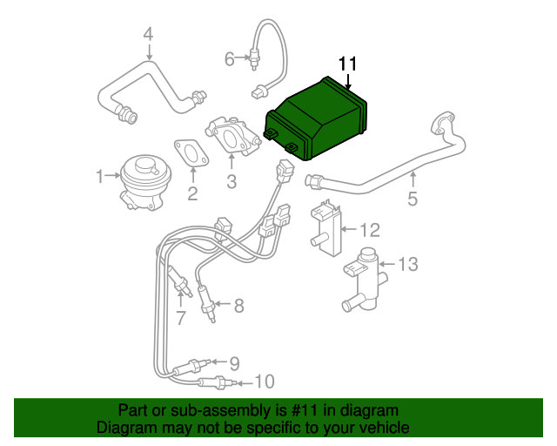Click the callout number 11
(x=348, y=64)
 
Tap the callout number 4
(x=148, y=34)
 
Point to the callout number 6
(x=230, y=59)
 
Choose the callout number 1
(x=99, y=177)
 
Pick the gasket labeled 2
(x=191, y=153)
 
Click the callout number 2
(x=192, y=193)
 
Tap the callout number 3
(x=232, y=182)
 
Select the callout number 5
(x=413, y=199)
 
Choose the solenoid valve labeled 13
(x=364, y=277)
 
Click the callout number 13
(x=408, y=263)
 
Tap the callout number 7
(x=180, y=319)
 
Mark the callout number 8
(x=238, y=305)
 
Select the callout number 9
(x=233, y=363)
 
